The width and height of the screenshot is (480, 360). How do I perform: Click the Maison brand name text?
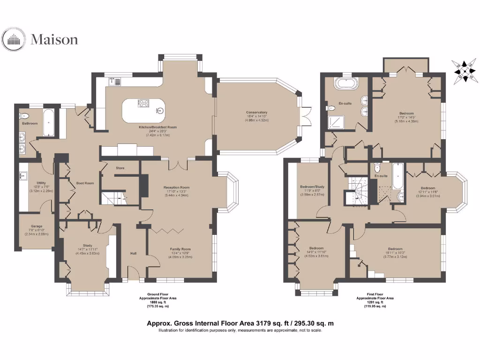coord(54,39)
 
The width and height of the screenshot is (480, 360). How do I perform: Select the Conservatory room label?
coord(256,112)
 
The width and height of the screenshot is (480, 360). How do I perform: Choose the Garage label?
coord(37,226)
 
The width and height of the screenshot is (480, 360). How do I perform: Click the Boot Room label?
coord(86,183)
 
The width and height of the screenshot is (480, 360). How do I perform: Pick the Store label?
coord(120,167)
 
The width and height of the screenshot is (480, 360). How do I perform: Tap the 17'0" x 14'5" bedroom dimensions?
coord(406,117)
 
